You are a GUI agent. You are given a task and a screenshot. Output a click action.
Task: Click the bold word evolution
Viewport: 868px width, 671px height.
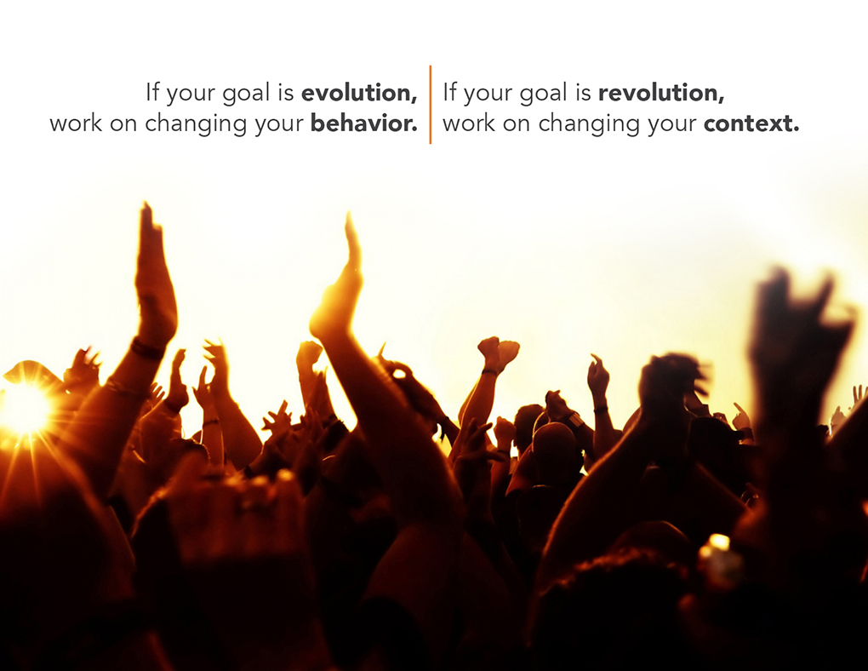pos(359,93)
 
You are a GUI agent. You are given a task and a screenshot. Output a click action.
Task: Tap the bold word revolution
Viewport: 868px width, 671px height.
pos(661,93)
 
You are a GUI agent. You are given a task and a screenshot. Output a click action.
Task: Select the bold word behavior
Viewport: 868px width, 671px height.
pos(363,123)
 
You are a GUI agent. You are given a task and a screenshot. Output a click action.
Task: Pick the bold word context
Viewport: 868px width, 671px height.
pos(751,123)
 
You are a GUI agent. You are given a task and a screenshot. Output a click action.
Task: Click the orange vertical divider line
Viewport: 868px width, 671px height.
pos(430,105)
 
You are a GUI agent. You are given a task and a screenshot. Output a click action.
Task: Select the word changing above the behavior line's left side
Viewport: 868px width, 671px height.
pos(196,123)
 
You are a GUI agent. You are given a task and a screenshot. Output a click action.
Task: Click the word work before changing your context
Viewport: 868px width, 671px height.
pos(469,123)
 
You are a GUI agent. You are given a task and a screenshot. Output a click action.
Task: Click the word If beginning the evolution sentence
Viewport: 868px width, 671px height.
pos(153,92)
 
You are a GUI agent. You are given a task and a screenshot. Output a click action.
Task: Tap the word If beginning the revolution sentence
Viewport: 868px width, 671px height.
pos(450,92)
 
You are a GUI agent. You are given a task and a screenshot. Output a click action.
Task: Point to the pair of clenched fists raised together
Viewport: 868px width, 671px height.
pos(498,353)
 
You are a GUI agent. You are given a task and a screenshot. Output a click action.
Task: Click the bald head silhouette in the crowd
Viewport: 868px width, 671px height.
pos(555,443)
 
